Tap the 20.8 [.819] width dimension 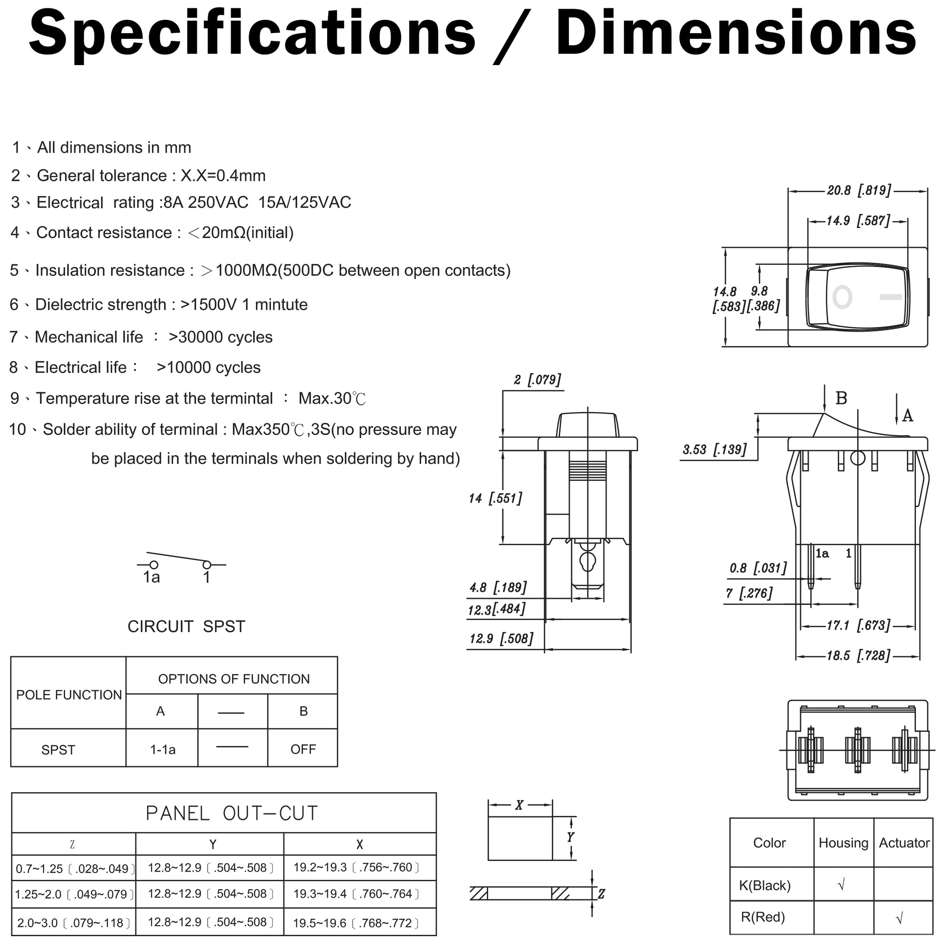859,190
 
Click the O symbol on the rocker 842,297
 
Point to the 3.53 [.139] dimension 715,449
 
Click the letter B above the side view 841,399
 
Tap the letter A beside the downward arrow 908,416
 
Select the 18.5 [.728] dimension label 858,655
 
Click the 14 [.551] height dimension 495,498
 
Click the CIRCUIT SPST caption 186,627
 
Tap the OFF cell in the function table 303,749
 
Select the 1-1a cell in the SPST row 163,749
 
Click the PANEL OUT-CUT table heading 232,813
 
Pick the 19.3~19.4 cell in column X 356,894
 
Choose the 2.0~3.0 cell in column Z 74,923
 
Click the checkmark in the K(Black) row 841,885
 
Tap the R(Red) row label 763,917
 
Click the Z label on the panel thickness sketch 601,894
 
